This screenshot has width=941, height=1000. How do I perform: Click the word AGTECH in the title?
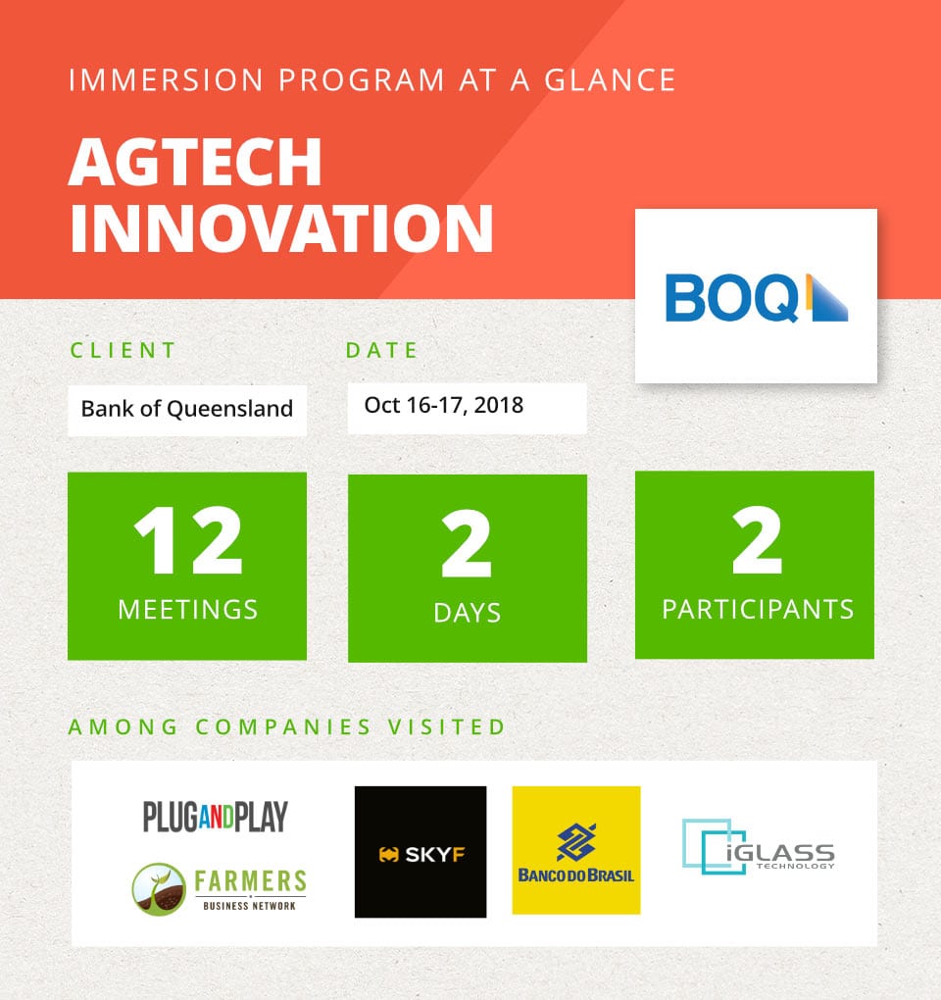pyautogui.click(x=195, y=162)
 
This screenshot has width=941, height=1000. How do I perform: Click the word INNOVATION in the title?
pyautogui.click(x=281, y=228)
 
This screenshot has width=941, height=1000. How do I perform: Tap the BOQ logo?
pyautogui.click(x=756, y=297)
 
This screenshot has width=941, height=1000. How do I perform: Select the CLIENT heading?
pyautogui.click(x=123, y=350)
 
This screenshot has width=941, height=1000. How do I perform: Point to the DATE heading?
pyautogui.click(x=381, y=350)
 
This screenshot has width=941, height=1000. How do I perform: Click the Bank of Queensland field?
pyautogui.click(x=187, y=410)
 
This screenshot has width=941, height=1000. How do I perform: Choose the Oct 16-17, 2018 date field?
pyautogui.click(x=468, y=408)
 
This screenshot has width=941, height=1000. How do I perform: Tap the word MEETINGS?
pyautogui.click(x=188, y=610)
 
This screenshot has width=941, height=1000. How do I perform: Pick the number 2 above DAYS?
pyautogui.click(x=467, y=543)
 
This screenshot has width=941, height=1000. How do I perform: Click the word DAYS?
pyautogui.click(x=468, y=613)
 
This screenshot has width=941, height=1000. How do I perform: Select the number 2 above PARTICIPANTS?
pyautogui.click(x=757, y=540)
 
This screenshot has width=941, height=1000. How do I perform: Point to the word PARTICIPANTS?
pyautogui.click(x=758, y=610)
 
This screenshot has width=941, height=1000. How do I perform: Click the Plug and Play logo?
pyautogui.click(x=216, y=817)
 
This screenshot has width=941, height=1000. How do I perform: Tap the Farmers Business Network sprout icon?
pyautogui.click(x=159, y=889)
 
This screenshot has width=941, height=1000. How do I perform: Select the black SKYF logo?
pyautogui.click(x=421, y=852)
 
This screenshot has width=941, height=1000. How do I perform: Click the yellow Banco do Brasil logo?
pyautogui.click(x=576, y=850)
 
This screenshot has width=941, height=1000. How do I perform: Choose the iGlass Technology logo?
pyautogui.click(x=759, y=847)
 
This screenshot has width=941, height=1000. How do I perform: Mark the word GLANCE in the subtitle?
pyautogui.click(x=610, y=80)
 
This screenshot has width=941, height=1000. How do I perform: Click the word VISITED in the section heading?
pyautogui.click(x=447, y=727)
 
